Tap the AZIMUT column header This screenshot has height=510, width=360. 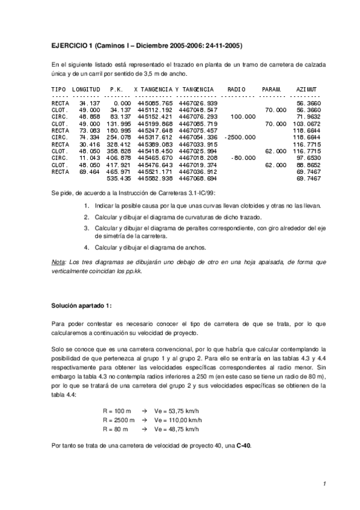click(x=308, y=89)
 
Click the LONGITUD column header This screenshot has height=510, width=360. click(x=86, y=89)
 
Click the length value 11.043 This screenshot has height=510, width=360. click(x=88, y=158)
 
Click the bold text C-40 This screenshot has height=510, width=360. click(x=245, y=445)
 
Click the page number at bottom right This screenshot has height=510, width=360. click(x=323, y=484)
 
